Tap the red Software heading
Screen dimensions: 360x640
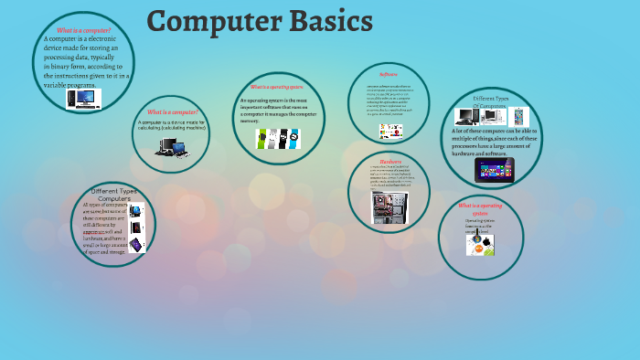(388, 73)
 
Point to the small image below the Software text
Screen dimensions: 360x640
(389, 132)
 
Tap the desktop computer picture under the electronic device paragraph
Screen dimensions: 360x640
(83, 98)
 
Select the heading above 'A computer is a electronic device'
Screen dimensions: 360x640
(84, 30)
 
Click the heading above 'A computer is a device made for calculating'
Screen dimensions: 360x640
(172, 111)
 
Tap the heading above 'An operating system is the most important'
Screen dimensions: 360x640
(276, 87)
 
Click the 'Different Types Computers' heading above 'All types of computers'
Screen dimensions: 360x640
(114, 195)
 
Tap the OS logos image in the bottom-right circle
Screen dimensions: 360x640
(480, 242)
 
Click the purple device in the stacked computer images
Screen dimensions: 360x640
(136, 244)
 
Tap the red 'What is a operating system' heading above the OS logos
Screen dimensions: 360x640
(481, 209)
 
